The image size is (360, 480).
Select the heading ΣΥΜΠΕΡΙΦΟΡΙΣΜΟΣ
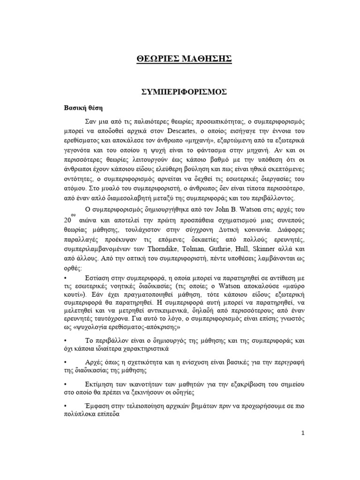[184, 92]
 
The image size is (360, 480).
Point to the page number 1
[303, 433]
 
